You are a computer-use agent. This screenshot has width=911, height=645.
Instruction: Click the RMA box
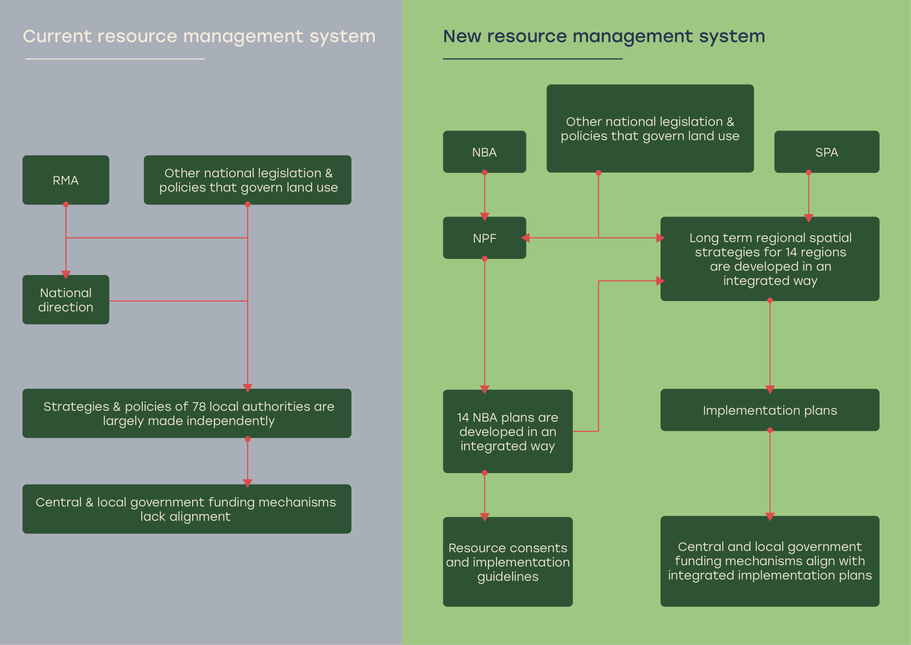(x=66, y=180)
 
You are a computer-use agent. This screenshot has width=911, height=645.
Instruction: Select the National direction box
(x=66, y=300)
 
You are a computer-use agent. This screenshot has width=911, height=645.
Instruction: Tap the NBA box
(x=484, y=152)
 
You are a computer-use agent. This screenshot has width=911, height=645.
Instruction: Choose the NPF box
(x=484, y=238)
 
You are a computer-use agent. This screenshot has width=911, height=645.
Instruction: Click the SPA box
(x=826, y=152)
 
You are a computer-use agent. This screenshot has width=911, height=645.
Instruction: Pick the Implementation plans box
(x=769, y=410)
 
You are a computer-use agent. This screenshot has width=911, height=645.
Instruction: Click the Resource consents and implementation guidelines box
(x=508, y=561)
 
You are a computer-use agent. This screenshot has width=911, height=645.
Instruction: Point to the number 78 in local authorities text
(x=199, y=406)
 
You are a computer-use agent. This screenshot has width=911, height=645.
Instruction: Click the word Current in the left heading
(x=57, y=36)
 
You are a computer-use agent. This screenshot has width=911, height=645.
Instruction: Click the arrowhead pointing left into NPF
(x=526, y=238)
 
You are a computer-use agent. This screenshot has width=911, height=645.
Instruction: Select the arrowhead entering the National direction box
(x=66, y=275)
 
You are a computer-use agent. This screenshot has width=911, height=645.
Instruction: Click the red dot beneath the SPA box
(x=809, y=172)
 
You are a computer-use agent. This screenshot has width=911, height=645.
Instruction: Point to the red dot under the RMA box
(x=66, y=204)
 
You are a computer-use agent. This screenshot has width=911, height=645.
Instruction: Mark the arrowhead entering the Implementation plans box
(x=770, y=389)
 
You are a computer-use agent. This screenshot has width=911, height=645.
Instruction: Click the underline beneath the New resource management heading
(x=532, y=59)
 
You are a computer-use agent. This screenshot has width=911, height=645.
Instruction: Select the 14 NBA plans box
(x=508, y=431)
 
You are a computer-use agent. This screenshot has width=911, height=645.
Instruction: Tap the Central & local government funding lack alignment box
(x=187, y=509)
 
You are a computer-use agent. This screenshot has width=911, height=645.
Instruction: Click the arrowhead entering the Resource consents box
(x=484, y=517)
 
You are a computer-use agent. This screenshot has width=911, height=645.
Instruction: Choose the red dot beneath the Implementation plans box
(x=770, y=430)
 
